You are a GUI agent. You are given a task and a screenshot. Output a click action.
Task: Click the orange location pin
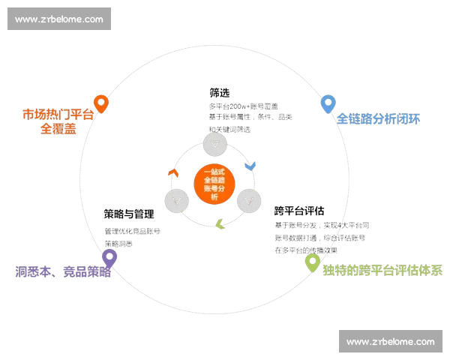(101, 103)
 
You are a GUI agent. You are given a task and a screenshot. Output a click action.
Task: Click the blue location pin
(327, 103)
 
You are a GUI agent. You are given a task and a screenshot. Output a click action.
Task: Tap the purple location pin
(109, 258)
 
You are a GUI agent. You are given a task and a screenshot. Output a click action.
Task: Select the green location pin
(312, 262)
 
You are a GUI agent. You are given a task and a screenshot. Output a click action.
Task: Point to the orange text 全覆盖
(58, 129)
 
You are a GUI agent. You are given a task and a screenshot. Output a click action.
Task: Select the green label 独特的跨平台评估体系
(384, 270)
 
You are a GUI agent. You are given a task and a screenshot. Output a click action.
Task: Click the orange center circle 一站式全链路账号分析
(214, 182)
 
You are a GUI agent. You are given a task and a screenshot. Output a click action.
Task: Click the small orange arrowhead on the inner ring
(172, 173)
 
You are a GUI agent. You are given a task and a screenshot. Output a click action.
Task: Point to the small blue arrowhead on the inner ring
(250, 164)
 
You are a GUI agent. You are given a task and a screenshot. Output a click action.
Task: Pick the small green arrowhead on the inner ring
(220, 224)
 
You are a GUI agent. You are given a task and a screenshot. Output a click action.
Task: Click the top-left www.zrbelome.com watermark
(60, 19)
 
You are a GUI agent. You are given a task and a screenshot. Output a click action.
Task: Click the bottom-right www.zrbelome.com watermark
(390, 341)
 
